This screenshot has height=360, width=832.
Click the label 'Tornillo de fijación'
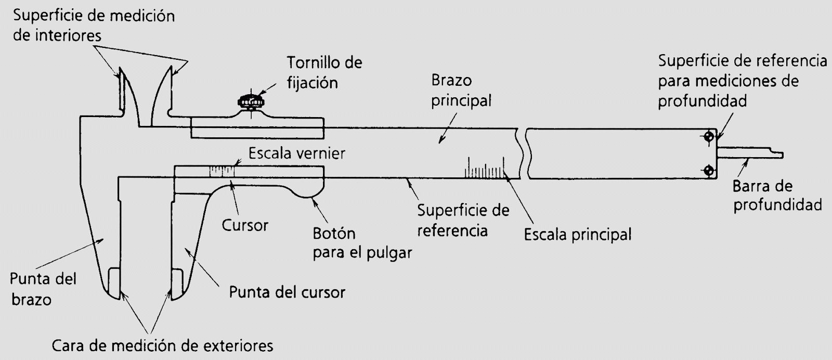pyautogui.click(x=324, y=73)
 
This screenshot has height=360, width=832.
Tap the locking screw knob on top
pyautogui.click(x=251, y=101)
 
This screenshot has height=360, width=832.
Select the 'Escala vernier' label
pyautogui.click(x=297, y=153)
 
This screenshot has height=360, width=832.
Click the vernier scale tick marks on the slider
pyautogui.click(x=222, y=171)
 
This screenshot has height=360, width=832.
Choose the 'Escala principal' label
pyautogui.click(x=577, y=235)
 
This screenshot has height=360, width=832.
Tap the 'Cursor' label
pyautogui.click(x=245, y=225)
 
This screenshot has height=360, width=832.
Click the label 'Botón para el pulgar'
pyautogui.click(x=362, y=243)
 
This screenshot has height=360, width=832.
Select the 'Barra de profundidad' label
pyautogui.click(x=777, y=196)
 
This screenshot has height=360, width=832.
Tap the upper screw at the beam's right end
pyautogui.click(x=708, y=137)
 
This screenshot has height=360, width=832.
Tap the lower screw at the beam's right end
pyautogui.click(x=708, y=170)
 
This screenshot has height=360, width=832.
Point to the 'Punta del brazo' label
pyautogui.click(x=43, y=289)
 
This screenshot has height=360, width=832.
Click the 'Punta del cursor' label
pyautogui.click(x=287, y=292)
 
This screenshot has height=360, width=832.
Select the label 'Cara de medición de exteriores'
pyautogui.click(x=163, y=345)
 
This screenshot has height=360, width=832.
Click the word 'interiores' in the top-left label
pyautogui.click(x=58, y=36)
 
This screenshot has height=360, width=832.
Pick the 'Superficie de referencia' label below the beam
pyautogui.click(x=463, y=220)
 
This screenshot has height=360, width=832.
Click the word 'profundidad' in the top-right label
pyautogui.click(x=702, y=100)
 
